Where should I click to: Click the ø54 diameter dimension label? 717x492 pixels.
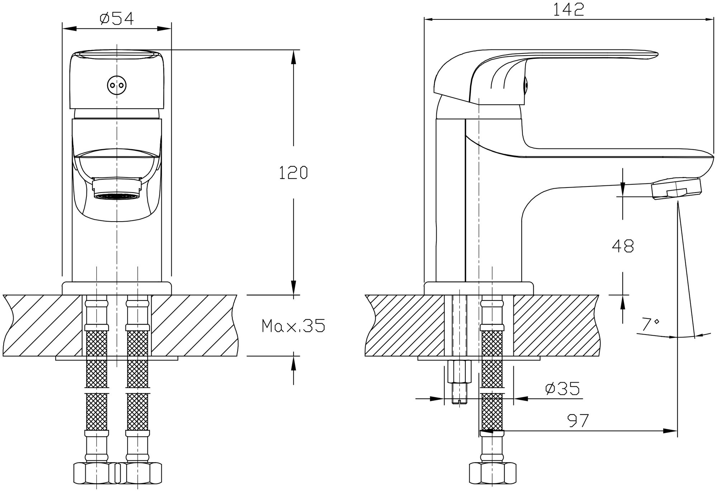point(117,19)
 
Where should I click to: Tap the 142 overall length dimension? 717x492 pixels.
point(569,10)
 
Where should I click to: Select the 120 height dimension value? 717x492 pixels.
point(293,172)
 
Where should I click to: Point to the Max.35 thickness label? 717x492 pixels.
point(294,326)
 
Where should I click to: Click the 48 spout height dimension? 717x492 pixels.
point(623,246)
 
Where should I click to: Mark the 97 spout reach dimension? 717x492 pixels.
point(578,421)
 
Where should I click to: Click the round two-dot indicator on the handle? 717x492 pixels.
point(117,85)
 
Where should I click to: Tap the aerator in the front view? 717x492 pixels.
point(117,189)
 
